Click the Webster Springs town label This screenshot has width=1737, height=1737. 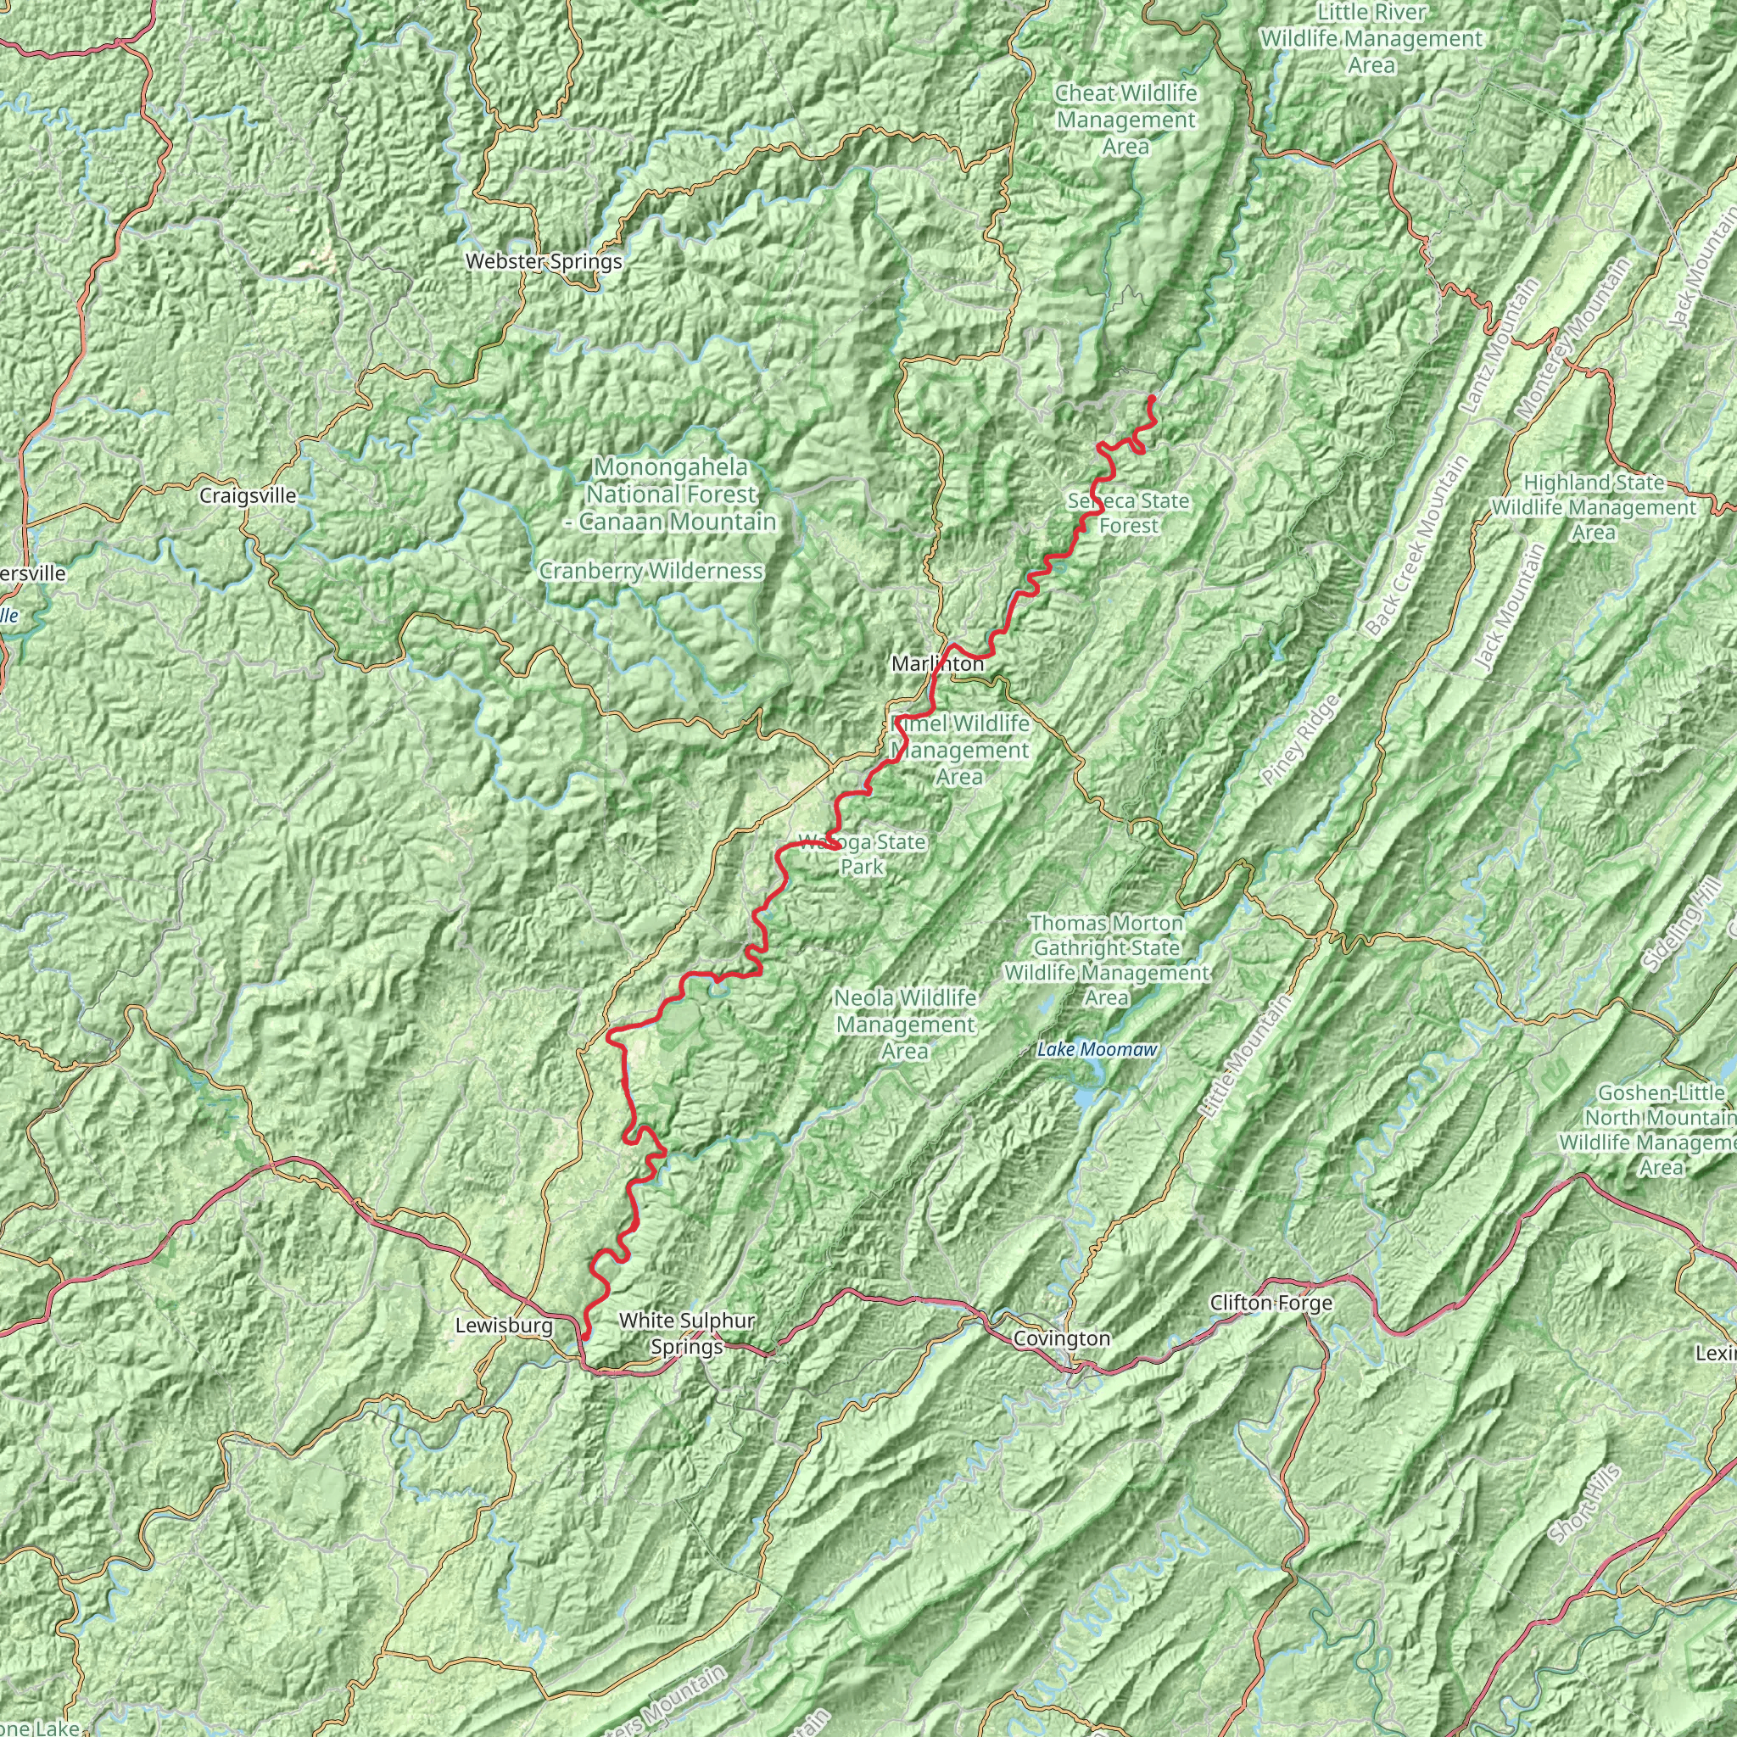pos(543,261)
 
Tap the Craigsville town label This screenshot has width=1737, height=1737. pos(248,495)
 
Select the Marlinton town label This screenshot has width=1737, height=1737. pos(937,663)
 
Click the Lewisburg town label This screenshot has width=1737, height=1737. pos(504,1326)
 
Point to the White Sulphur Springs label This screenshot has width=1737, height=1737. pos(687,1333)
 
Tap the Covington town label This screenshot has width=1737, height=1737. pos(1061,1338)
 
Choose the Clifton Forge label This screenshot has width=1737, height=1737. pos(1271,1303)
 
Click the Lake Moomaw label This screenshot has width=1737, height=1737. pos(1097,1049)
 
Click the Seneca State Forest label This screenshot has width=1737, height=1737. pos(1128,512)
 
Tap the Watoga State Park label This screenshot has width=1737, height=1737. pos(862,854)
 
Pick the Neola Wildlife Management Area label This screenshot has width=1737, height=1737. pos(904,1024)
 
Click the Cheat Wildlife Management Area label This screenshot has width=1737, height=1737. pos(1125,120)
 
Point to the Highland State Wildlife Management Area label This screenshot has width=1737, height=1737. pos(1593,507)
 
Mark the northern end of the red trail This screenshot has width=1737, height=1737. pos(1151,398)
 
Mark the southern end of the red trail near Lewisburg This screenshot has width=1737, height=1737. pos(585,1337)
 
